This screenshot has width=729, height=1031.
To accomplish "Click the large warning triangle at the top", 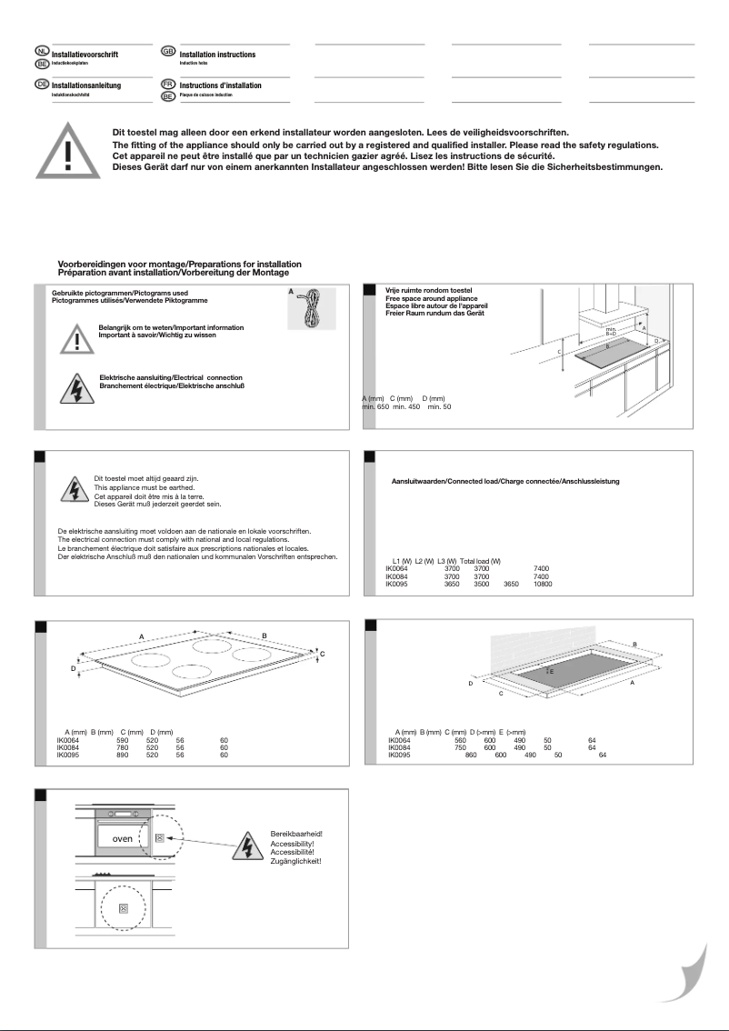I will (x=68, y=148).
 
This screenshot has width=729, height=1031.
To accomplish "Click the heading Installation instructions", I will (x=217, y=55).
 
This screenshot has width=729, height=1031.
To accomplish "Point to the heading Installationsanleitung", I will (x=86, y=85).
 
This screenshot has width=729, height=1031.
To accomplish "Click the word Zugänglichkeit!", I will (x=295, y=860).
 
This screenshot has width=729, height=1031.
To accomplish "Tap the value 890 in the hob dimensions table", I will (x=123, y=755).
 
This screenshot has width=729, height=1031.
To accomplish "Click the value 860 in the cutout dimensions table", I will (x=471, y=755).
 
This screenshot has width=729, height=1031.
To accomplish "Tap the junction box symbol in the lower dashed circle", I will (x=124, y=907).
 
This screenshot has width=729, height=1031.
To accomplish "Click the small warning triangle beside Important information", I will (x=77, y=339).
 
